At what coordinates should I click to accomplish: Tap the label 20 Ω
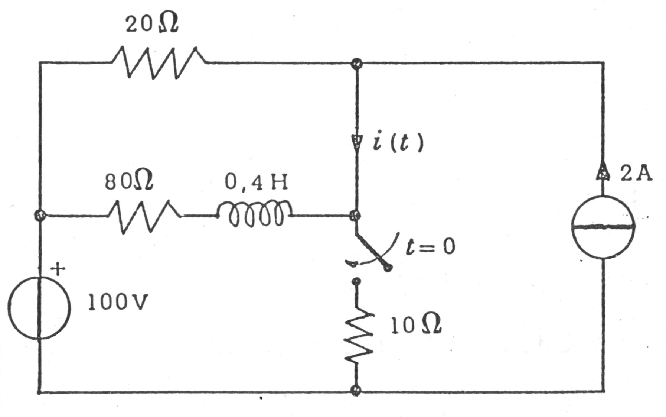click(152, 25)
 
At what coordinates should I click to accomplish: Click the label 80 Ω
click(128, 182)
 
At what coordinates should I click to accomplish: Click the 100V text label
click(118, 302)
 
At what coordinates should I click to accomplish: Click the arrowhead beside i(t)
click(356, 142)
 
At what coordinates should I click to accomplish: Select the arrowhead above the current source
click(603, 172)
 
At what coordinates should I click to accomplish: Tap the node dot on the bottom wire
click(356, 390)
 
